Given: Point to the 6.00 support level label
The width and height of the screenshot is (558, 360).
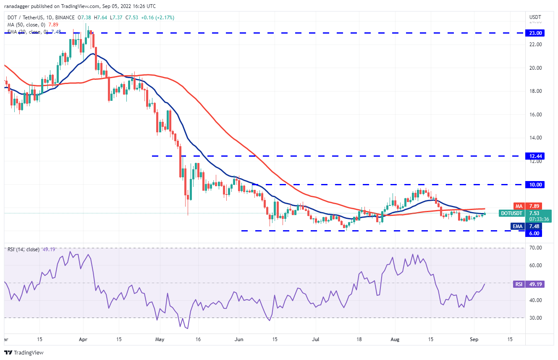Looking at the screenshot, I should (535, 234).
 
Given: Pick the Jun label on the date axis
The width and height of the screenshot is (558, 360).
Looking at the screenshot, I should (239, 339).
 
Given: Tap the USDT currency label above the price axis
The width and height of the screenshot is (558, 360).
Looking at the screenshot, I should (535, 17).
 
